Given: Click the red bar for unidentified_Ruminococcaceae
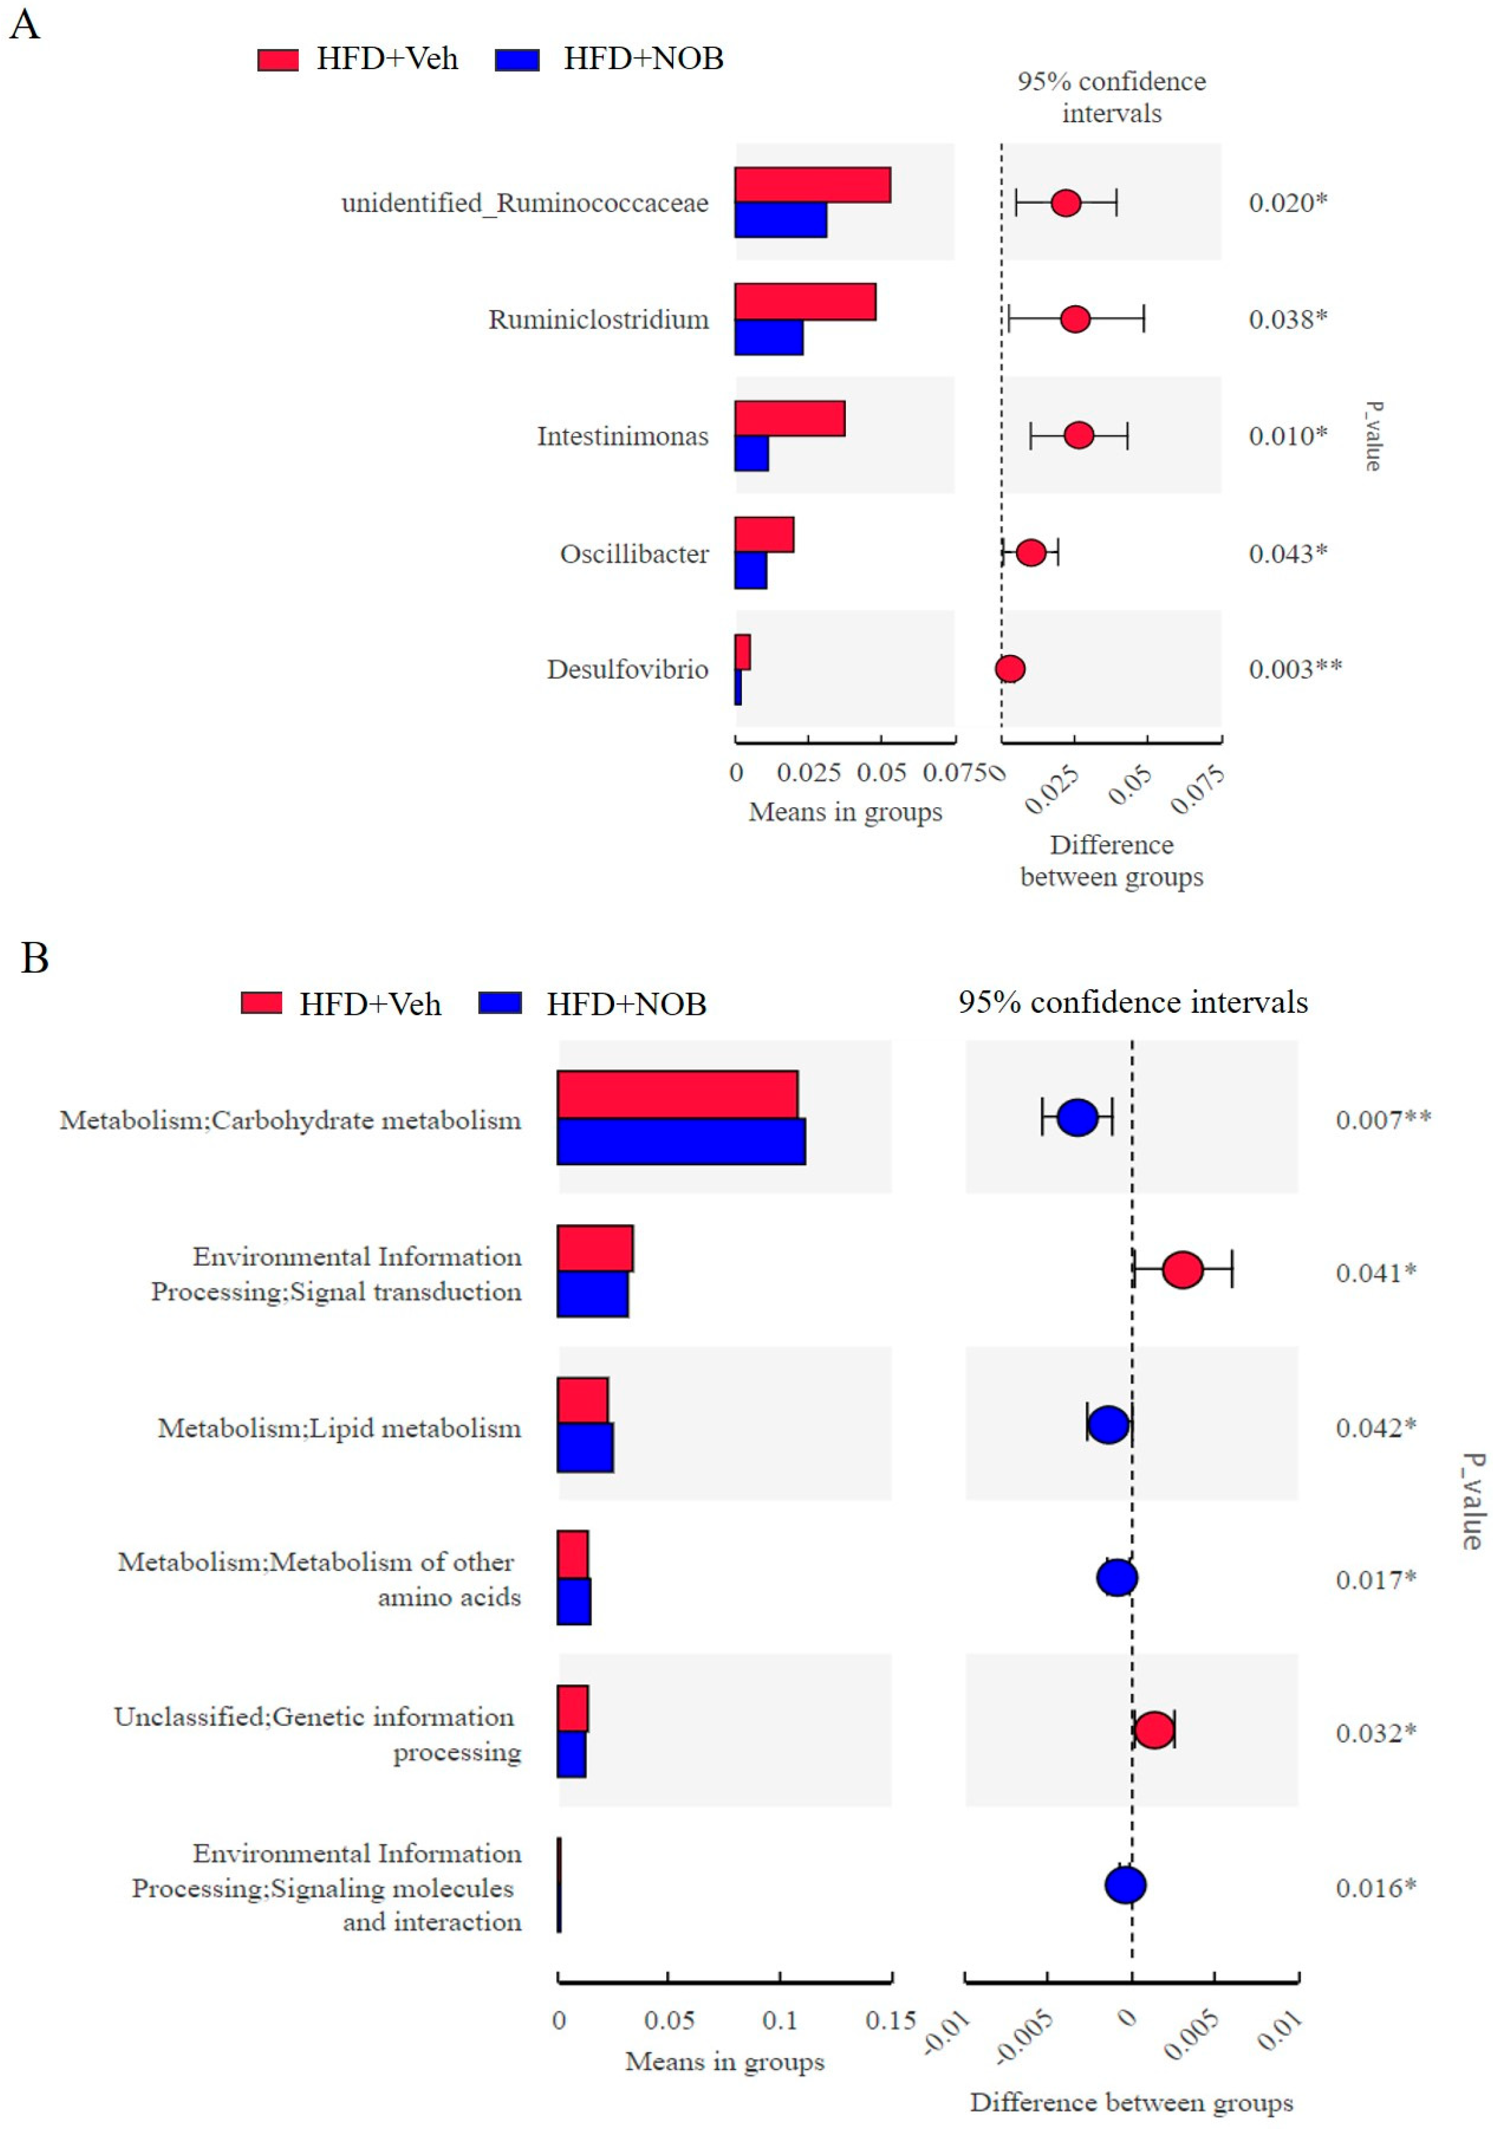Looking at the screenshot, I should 812,185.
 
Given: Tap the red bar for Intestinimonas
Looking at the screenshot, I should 789,418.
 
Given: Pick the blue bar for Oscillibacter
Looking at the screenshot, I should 750,570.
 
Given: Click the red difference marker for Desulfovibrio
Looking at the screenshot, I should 1010,669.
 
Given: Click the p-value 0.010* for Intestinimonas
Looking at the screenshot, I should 1287,436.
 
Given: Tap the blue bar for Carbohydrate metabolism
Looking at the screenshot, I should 681,1140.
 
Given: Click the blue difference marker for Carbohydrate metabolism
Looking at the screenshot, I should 1077,1117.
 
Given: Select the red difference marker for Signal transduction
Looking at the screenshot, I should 1183,1270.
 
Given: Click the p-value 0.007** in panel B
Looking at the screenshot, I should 1382,1119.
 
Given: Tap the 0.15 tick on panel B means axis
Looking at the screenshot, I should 890,2022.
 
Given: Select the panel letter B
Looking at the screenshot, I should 34,958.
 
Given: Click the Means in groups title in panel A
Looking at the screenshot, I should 845,812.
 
